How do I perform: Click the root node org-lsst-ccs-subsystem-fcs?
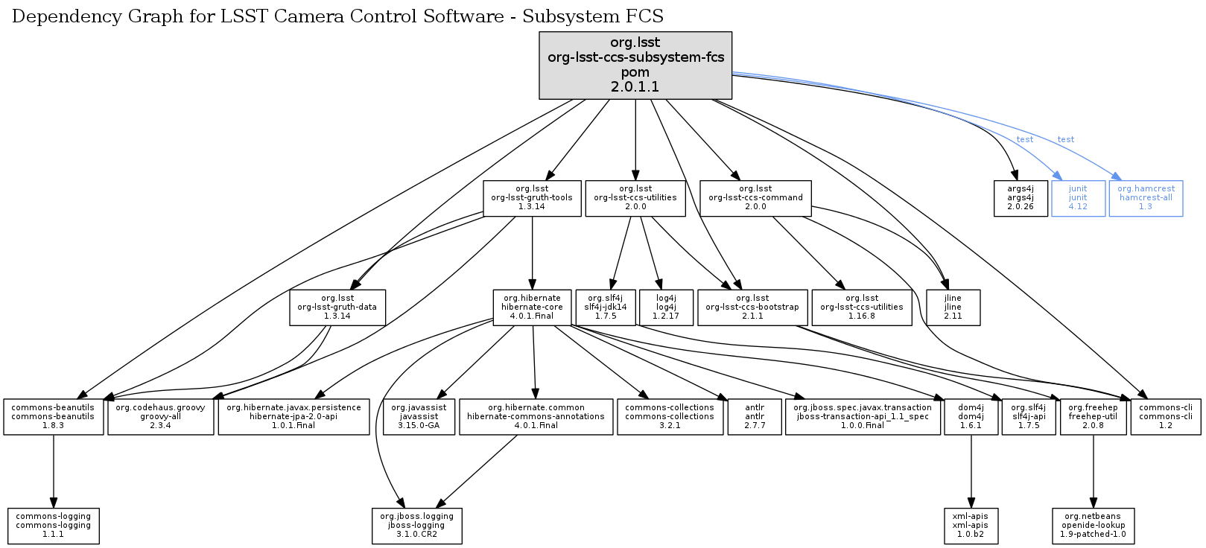[635, 65]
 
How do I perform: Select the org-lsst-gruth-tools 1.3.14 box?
[532, 198]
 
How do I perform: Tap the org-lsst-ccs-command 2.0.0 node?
[755, 198]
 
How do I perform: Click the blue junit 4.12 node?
[1077, 198]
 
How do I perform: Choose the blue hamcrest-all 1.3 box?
[1146, 198]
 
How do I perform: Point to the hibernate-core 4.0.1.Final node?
[532, 308]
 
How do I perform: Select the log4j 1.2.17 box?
[666, 308]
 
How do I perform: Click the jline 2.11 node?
[953, 308]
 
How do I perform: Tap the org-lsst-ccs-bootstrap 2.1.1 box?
[752, 308]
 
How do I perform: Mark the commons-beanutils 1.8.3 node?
[53, 417]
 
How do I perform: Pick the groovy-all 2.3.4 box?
[160, 417]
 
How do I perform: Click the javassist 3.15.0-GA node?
[419, 417]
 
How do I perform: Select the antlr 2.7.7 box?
[755, 417]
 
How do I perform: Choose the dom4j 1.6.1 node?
[971, 417]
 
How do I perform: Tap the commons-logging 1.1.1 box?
[53, 526]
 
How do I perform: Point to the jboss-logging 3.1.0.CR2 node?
[416, 526]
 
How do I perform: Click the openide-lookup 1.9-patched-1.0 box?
[1093, 526]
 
